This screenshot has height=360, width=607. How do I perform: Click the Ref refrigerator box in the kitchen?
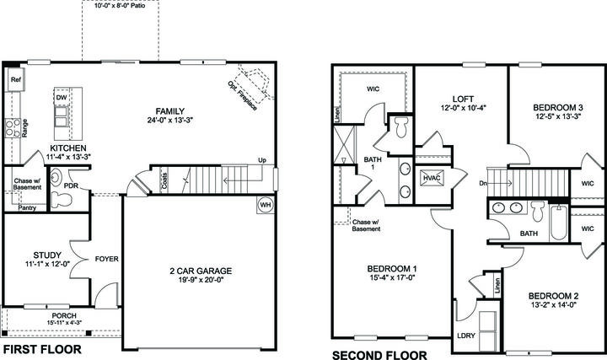[15, 80]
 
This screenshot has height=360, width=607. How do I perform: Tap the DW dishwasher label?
[62, 98]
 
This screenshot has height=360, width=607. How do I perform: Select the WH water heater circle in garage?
[266, 205]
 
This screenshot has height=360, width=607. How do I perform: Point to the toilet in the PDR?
[62, 199]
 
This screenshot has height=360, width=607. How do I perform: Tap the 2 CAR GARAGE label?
[201, 271]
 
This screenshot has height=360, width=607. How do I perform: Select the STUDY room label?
[47, 255]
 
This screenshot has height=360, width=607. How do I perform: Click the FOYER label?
[107, 259]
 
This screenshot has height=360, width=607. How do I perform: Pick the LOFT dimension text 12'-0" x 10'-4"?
[463, 108]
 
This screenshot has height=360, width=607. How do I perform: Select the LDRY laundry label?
[465, 336]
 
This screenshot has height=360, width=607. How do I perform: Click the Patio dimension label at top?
[120, 6]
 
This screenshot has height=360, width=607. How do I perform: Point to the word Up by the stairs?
[262, 160]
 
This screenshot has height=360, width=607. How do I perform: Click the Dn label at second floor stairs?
[483, 183]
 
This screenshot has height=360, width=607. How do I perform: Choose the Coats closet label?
[165, 180]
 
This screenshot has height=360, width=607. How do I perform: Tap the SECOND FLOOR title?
[379, 355]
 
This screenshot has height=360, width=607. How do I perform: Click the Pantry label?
[27, 208]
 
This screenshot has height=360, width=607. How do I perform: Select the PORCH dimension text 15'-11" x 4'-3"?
[64, 322]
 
